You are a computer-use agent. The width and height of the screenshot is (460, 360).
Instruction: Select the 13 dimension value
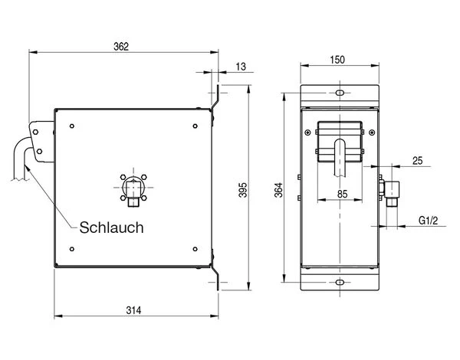241,67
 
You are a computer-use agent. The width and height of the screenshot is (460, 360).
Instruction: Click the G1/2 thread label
428,221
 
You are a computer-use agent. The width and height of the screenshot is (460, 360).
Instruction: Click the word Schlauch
111,227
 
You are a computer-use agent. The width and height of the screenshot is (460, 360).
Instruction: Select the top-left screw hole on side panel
71,126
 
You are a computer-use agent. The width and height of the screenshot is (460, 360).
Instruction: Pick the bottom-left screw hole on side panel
71,247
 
